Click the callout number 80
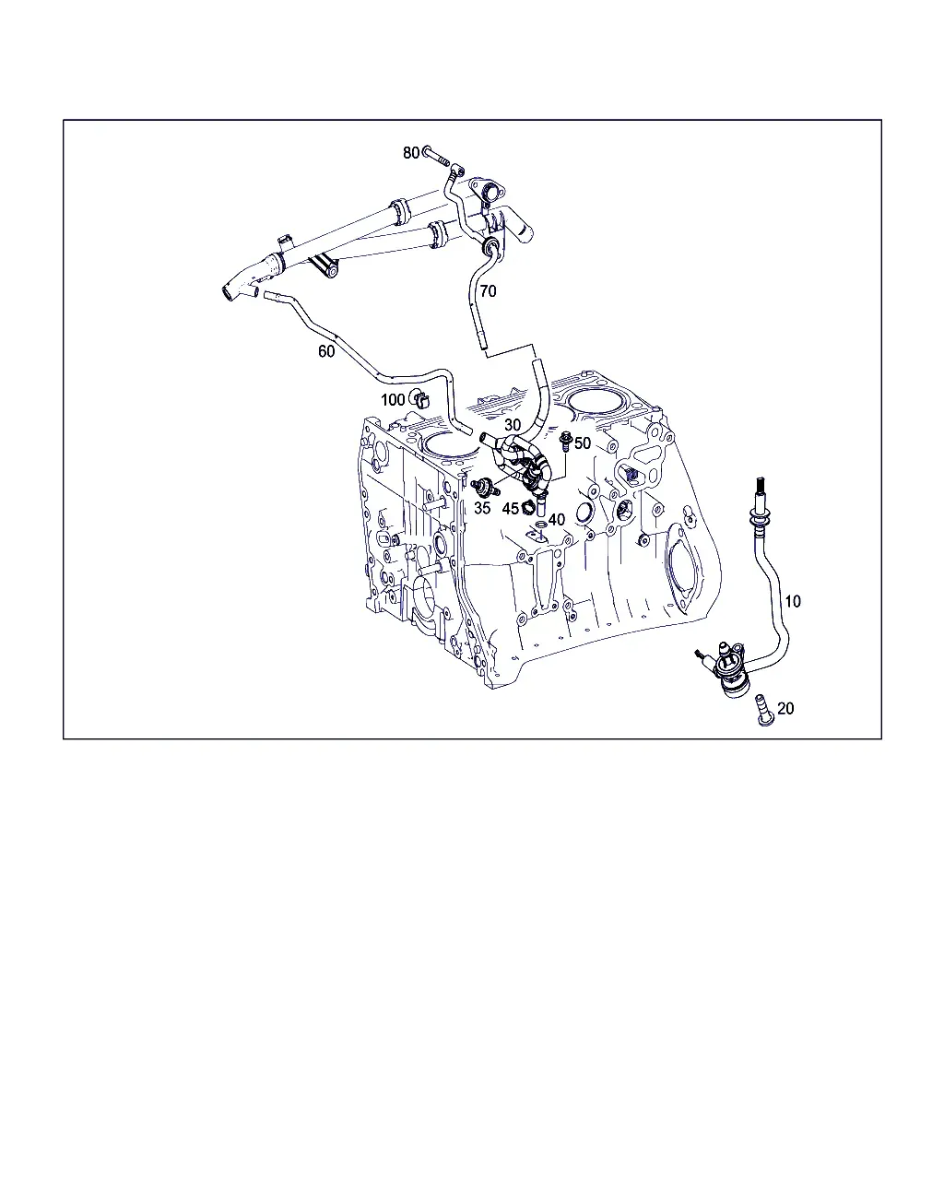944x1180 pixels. [x=411, y=152]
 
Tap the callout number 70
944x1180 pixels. [x=488, y=290]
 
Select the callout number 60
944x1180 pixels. [x=326, y=351]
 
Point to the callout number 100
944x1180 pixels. [x=393, y=400]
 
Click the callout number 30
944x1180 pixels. [x=513, y=425]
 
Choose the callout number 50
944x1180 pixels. [x=583, y=443]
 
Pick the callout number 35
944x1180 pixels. [x=482, y=508]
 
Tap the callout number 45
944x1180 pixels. [x=510, y=510]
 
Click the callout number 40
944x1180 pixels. [x=557, y=520]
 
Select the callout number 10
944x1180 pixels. [x=793, y=601]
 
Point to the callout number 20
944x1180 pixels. [x=785, y=708]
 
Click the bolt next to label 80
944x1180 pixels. [x=436, y=157]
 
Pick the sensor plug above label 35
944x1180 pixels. [x=485, y=486]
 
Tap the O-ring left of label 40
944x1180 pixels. [x=541, y=525]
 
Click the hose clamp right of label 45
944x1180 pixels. [x=529, y=508]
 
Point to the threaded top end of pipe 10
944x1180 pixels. [x=760, y=486]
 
